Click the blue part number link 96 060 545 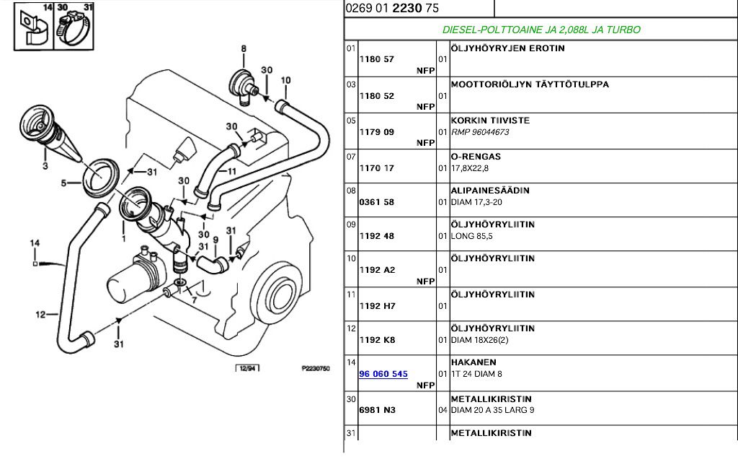click(383, 374)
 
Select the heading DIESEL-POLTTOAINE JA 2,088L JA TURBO click(541, 30)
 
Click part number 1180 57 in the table click(376, 59)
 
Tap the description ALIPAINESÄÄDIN click(490, 191)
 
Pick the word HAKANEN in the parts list click(473, 362)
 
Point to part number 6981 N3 click(377, 410)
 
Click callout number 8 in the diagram click(244, 49)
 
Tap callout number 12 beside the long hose click(40, 314)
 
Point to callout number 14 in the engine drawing click(34, 244)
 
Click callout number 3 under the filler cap click(45, 167)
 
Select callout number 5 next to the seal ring click(63, 183)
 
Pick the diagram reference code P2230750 click(315, 369)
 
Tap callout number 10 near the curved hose click(285, 80)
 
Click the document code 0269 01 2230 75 click(392, 9)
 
